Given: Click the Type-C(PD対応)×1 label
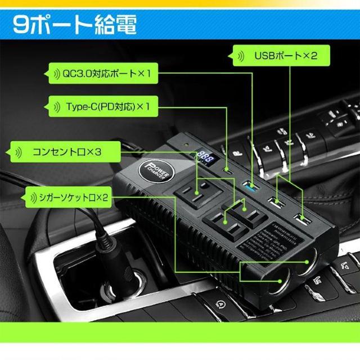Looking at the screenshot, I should [107, 106].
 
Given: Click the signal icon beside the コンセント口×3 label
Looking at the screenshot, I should [19, 151].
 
